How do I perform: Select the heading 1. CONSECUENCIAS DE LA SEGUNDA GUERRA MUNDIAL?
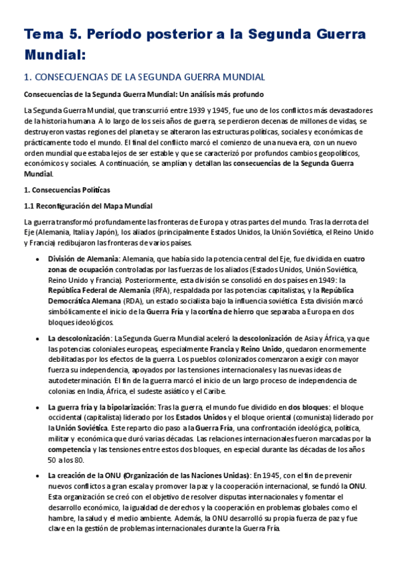point(144,77)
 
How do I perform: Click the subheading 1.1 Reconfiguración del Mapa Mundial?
point(88,205)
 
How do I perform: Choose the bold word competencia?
point(70,448)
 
